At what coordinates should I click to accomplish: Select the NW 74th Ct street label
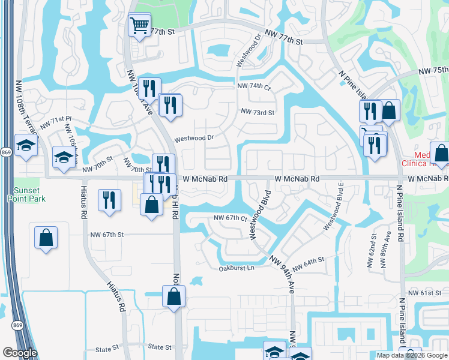tap(255, 87)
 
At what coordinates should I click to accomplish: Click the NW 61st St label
tap(425, 293)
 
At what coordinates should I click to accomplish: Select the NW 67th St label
tap(106, 235)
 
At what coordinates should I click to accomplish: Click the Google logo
tap(19, 353)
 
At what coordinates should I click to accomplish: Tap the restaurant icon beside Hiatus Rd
tap(109, 200)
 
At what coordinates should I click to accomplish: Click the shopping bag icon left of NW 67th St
tap(46, 238)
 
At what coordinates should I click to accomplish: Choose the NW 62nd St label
tap(374, 250)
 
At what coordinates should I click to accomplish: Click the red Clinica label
tap(429, 163)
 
